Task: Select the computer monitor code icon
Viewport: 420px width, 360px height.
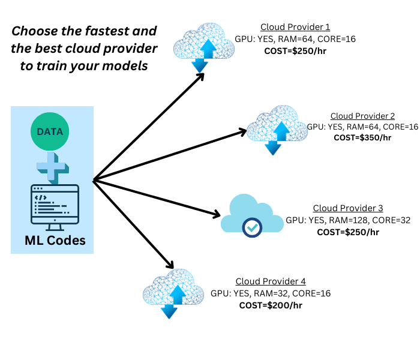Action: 54,207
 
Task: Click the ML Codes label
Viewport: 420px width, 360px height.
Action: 55,241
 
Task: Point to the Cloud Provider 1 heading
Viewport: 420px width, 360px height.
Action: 295,28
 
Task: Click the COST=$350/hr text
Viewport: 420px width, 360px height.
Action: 362,137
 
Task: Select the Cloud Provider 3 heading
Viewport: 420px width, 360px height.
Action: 348,208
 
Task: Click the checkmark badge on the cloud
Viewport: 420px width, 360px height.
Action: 251,227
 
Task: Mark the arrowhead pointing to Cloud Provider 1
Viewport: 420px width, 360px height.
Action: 201,76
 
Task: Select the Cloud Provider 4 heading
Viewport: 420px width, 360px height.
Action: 271,281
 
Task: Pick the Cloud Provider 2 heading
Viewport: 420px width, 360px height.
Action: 362,116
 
